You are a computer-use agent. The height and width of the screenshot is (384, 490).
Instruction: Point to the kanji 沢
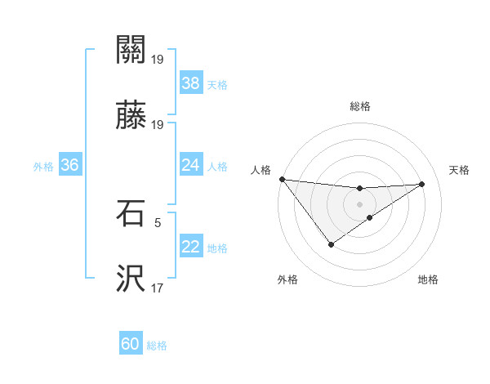click(131, 279)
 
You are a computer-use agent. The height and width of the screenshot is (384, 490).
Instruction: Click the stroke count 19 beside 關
click(158, 60)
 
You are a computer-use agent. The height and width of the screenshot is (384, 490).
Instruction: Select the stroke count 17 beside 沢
click(158, 288)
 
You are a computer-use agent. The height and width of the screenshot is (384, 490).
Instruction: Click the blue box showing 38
click(190, 83)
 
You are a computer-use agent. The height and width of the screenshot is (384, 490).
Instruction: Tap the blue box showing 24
click(190, 165)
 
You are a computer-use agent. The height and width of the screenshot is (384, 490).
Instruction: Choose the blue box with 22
click(190, 247)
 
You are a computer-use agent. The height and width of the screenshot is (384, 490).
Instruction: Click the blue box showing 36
click(69, 165)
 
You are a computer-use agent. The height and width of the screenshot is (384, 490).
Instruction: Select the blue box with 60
click(131, 344)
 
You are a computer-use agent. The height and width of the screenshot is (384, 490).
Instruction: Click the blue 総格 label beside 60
click(157, 346)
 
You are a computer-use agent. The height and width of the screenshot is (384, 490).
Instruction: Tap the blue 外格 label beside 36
click(43, 166)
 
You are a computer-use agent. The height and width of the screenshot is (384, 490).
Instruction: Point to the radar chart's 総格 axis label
click(360, 106)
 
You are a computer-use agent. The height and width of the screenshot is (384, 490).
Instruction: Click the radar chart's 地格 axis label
click(428, 279)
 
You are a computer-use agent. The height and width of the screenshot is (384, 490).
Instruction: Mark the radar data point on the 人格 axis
click(282, 179)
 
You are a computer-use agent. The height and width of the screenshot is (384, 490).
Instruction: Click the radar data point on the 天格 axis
click(422, 184)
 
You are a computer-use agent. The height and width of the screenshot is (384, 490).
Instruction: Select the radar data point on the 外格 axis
click(332, 244)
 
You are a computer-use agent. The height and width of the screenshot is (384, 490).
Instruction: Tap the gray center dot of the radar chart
click(360, 204)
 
